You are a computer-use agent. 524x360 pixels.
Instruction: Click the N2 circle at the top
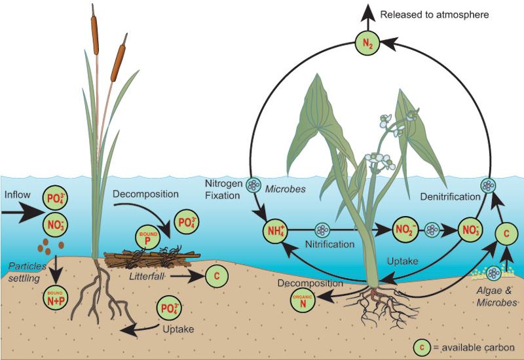[367, 44]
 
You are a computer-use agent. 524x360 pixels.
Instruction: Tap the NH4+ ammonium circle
[274, 230]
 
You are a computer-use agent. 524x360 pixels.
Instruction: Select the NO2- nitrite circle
[402, 230]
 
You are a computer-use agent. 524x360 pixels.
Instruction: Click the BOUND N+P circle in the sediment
[54, 279]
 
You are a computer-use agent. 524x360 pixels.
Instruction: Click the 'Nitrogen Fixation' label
[223, 189]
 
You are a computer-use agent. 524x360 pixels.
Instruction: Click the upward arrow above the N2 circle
[367, 16]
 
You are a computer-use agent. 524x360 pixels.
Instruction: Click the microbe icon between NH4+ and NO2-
[322, 230]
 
